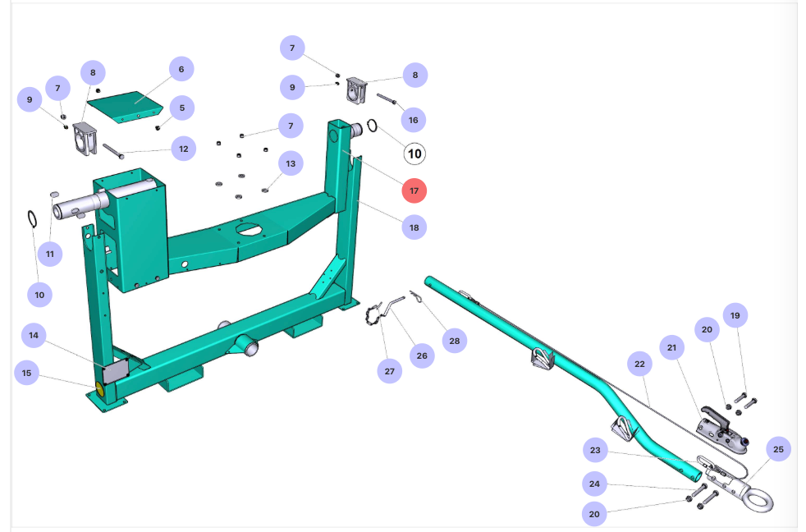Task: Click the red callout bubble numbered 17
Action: click(x=414, y=190)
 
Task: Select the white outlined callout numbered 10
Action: click(x=414, y=154)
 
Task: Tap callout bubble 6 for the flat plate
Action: click(x=181, y=70)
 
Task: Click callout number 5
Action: click(x=181, y=107)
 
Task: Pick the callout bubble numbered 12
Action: click(x=182, y=149)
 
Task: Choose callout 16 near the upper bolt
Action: click(x=413, y=120)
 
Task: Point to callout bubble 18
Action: click(x=414, y=227)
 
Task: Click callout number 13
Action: click(x=290, y=164)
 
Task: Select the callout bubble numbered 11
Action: click(x=50, y=254)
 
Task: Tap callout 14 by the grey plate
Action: click(x=34, y=335)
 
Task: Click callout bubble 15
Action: click(x=27, y=373)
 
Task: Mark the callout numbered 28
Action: click(x=453, y=339)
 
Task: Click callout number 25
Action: click(x=778, y=449)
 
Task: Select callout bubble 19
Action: click(x=735, y=315)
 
